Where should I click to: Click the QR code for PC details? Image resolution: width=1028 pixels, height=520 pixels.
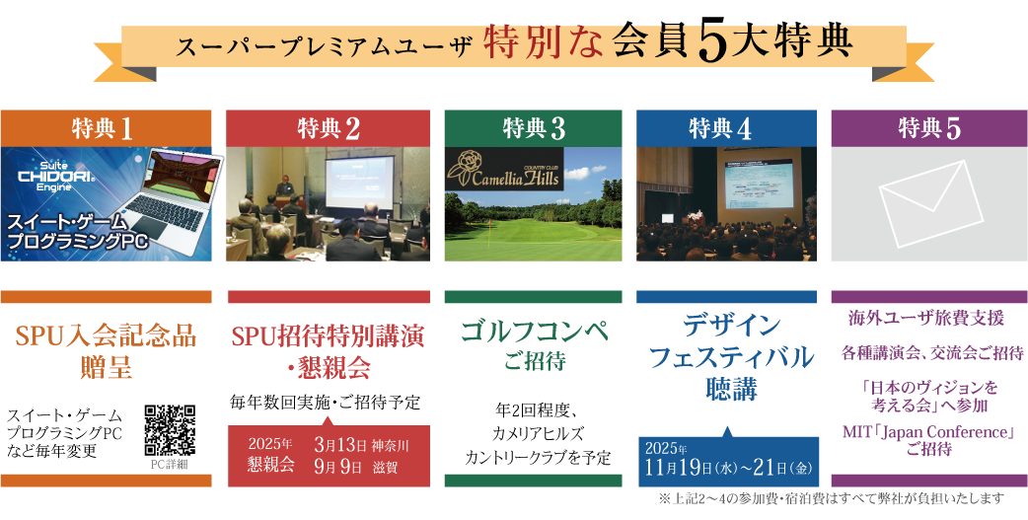[171, 430]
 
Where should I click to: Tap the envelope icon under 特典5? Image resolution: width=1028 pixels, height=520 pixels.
[931, 203]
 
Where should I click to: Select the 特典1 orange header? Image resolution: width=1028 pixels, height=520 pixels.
[106, 128]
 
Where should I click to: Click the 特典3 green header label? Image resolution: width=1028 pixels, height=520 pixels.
[533, 128]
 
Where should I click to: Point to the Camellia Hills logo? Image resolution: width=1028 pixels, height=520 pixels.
[503, 170]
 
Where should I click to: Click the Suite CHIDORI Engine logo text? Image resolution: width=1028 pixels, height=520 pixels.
[49, 175]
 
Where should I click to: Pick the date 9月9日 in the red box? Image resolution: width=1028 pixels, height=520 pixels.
[338, 468]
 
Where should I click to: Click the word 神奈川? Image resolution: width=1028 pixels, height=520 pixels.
[390, 447]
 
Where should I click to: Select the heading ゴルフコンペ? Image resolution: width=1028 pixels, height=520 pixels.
[534, 332]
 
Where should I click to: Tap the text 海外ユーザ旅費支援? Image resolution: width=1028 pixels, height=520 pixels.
[926, 320]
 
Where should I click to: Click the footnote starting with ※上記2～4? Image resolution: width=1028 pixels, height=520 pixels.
[832, 498]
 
